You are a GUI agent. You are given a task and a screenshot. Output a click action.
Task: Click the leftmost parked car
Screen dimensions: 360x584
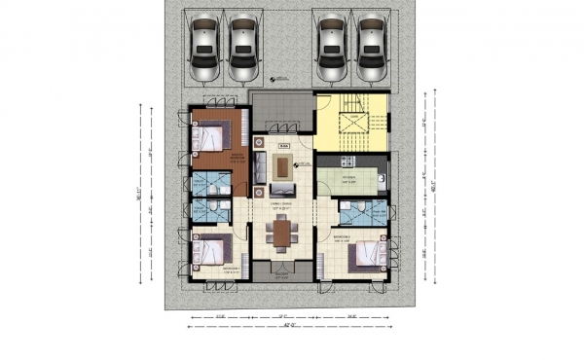pos(205,49)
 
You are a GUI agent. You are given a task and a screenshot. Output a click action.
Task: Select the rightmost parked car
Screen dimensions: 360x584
pos(370,49)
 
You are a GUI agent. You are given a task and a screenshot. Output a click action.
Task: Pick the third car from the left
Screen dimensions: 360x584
pos(332,49)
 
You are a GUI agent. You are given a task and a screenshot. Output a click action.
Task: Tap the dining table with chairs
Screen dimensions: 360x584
pos(282,234)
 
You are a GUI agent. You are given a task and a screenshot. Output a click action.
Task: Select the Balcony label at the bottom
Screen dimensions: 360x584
pos(282,275)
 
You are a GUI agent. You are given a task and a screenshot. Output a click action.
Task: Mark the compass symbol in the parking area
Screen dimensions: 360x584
pos(274,79)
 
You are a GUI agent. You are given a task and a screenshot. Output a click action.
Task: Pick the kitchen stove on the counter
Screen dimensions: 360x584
pos(351,160)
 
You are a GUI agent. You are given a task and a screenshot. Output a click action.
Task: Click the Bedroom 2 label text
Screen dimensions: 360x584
pos(343,236)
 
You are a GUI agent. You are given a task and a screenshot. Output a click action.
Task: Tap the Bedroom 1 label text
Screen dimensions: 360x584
pos(230,268)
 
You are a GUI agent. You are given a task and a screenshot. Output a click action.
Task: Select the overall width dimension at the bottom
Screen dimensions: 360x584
pos(283,325)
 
